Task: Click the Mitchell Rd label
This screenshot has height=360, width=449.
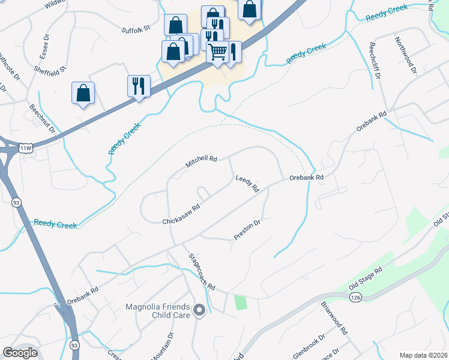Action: (200, 160)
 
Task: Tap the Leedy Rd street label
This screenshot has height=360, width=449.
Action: (247, 184)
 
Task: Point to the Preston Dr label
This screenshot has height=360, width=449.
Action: (247, 230)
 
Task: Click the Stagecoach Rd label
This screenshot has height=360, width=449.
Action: (202, 271)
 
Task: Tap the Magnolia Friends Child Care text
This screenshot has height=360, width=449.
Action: (158, 311)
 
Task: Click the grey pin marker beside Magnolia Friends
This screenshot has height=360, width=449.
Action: (200, 310)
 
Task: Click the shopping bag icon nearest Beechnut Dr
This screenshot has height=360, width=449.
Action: (83, 93)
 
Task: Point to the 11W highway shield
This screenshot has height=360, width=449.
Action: (25, 148)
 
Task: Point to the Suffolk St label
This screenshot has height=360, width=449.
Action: (134, 28)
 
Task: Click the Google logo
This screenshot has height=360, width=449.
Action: (20, 353)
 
